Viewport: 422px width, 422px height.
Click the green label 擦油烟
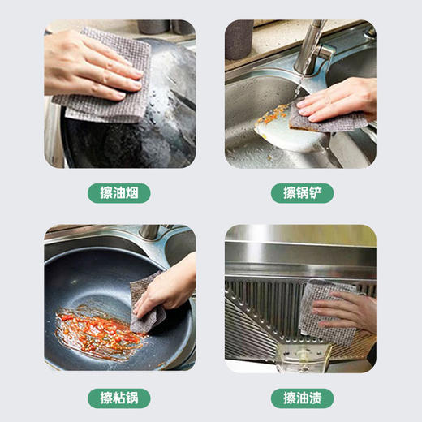(119, 193)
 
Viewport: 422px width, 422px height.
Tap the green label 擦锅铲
(302, 193)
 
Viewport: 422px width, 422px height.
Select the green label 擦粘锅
(119, 398)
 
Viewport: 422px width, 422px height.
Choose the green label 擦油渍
(302, 398)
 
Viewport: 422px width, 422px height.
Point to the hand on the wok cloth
(89, 61)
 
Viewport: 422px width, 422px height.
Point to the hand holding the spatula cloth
(341, 97)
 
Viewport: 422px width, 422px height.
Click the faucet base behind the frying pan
(149, 232)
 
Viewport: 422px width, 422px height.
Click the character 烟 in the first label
(137, 193)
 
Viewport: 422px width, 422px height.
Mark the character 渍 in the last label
(320, 398)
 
